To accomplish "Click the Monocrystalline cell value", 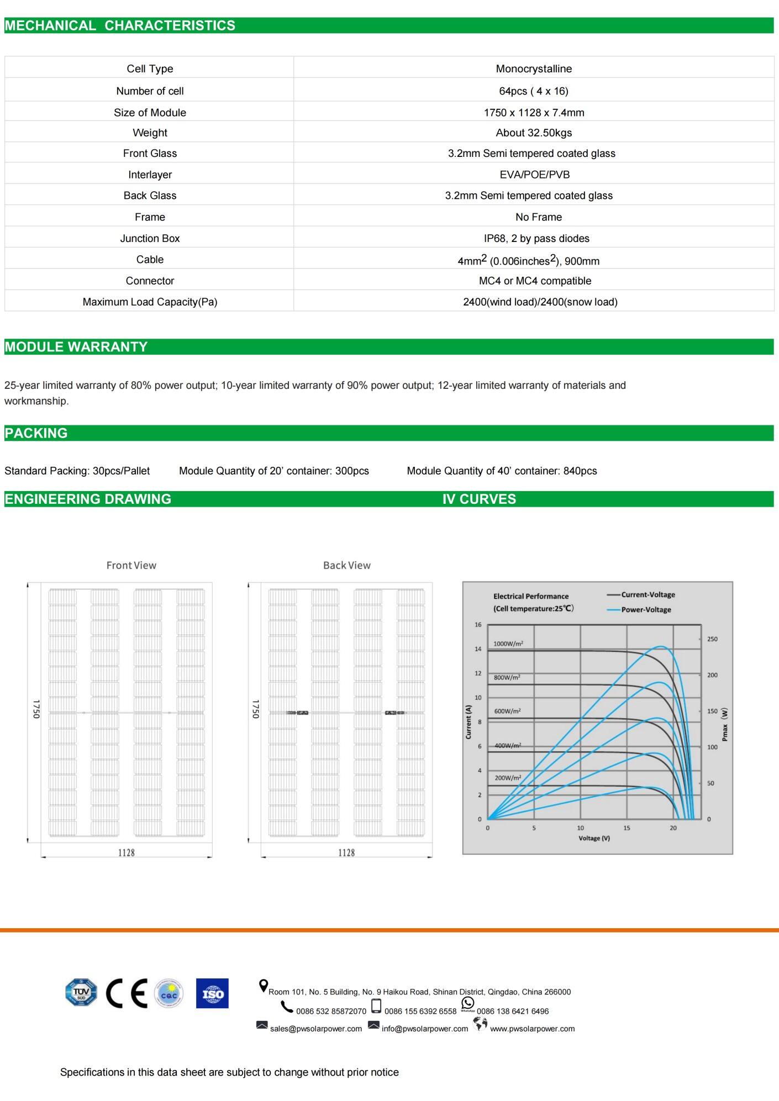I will (x=534, y=69).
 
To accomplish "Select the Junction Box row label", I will (x=150, y=238).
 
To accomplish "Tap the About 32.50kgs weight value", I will (x=534, y=133).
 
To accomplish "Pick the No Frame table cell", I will (x=538, y=217).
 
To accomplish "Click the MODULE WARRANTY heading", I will (x=76, y=347).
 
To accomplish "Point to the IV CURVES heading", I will (x=479, y=499).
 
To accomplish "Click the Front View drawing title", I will (x=131, y=565).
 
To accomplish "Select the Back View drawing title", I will (x=347, y=565).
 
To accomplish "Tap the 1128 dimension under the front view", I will (x=127, y=852).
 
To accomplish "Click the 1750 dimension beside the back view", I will (x=255, y=709).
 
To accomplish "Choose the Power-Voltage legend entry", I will (x=646, y=609).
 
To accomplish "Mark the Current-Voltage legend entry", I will (x=648, y=594).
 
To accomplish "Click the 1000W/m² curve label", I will (x=508, y=644).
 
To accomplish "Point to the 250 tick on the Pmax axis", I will (x=712, y=639).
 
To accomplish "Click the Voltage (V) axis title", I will (x=594, y=838).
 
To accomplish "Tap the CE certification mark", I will (x=127, y=993).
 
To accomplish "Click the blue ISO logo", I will (x=212, y=993).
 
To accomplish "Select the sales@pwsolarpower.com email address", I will (x=316, y=1029).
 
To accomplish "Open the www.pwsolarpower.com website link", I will (x=532, y=1029).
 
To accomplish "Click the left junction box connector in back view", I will (x=298, y=713).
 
